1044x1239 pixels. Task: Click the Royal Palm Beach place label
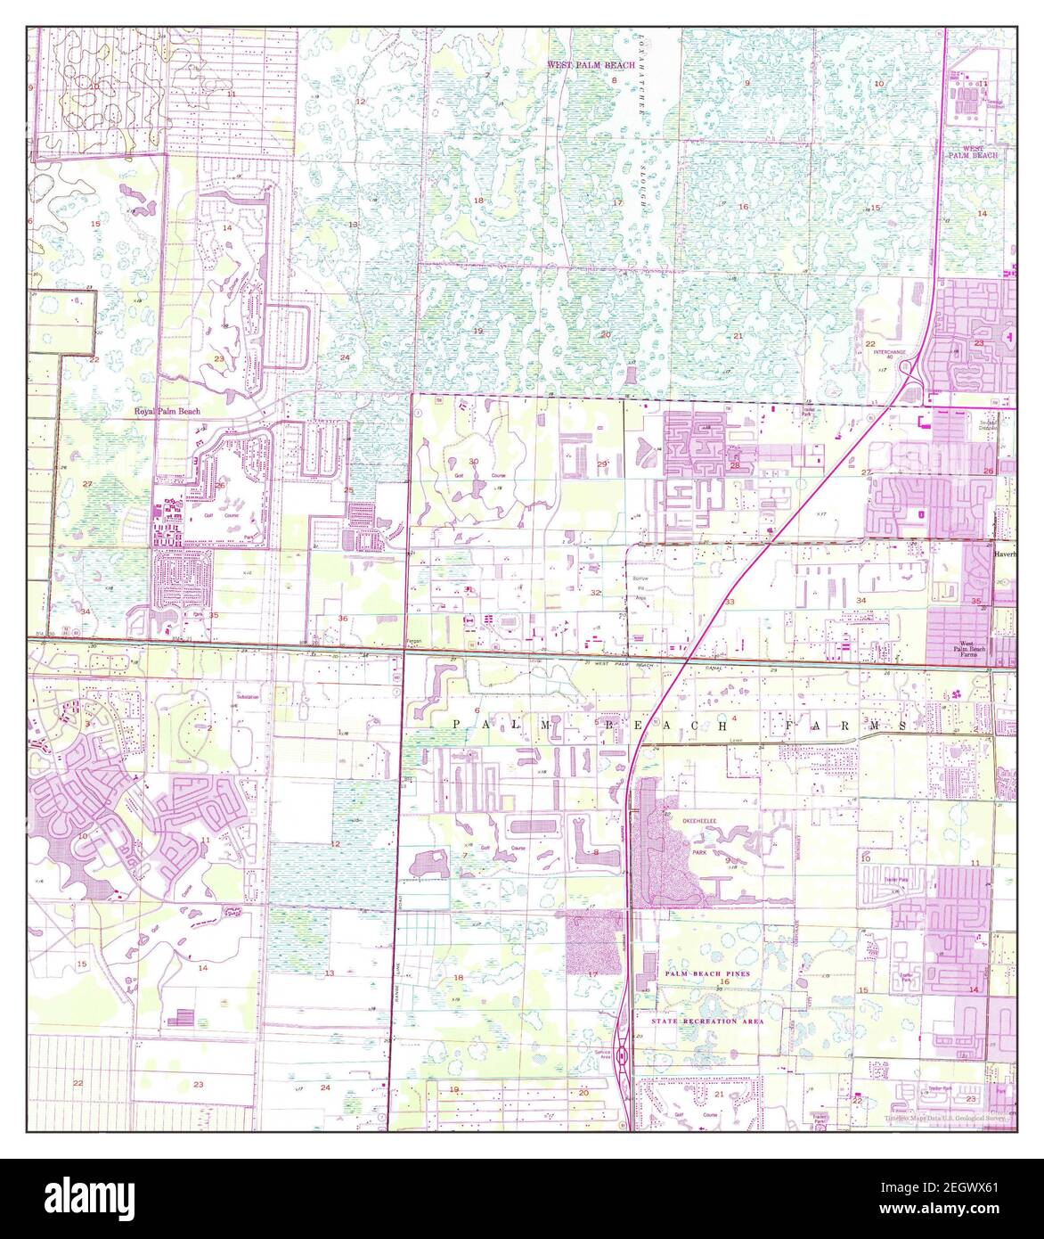pos(167,411)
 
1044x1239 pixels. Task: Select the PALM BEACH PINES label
pos(706,974)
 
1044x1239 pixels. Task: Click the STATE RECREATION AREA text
pos(706,1021)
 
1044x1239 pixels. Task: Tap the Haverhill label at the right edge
pos(1005,554)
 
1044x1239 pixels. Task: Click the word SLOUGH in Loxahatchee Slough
pos(640,191)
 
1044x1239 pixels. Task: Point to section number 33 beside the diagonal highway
pos(730,603)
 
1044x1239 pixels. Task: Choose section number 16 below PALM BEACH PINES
pos(724,981)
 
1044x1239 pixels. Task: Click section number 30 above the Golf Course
pos(474,461)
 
